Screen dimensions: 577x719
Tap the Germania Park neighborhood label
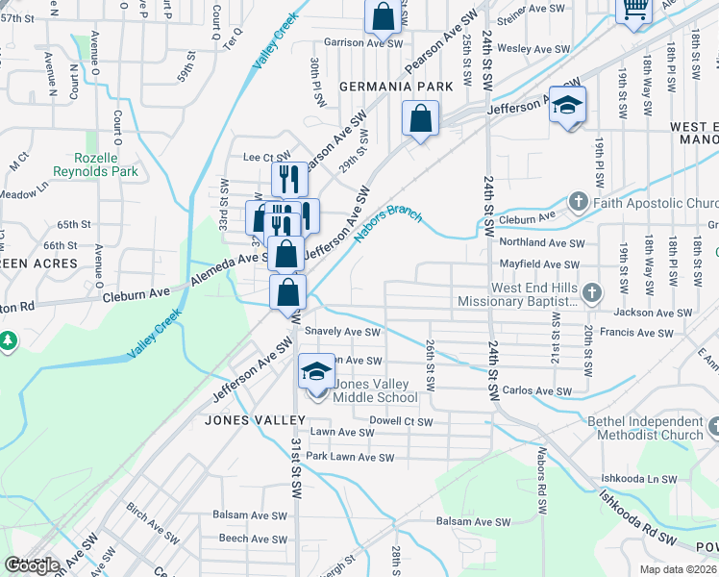click(395, 87)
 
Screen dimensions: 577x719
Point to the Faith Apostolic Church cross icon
click(578, 203)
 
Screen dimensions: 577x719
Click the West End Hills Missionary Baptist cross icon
click(592, 292)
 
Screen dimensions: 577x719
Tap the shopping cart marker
click(633, 8)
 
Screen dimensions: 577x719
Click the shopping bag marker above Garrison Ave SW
click(383, 16)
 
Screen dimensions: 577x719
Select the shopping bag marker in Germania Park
click(421, 119)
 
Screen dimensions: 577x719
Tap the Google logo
click(32, 565)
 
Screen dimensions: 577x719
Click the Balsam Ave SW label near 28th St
click(473, 522)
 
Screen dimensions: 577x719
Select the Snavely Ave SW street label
click(343, 332)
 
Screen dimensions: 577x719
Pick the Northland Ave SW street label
click(541, 244)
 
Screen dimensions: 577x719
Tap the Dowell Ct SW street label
click(402, 421)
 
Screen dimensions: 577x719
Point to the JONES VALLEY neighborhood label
click(255, 420)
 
